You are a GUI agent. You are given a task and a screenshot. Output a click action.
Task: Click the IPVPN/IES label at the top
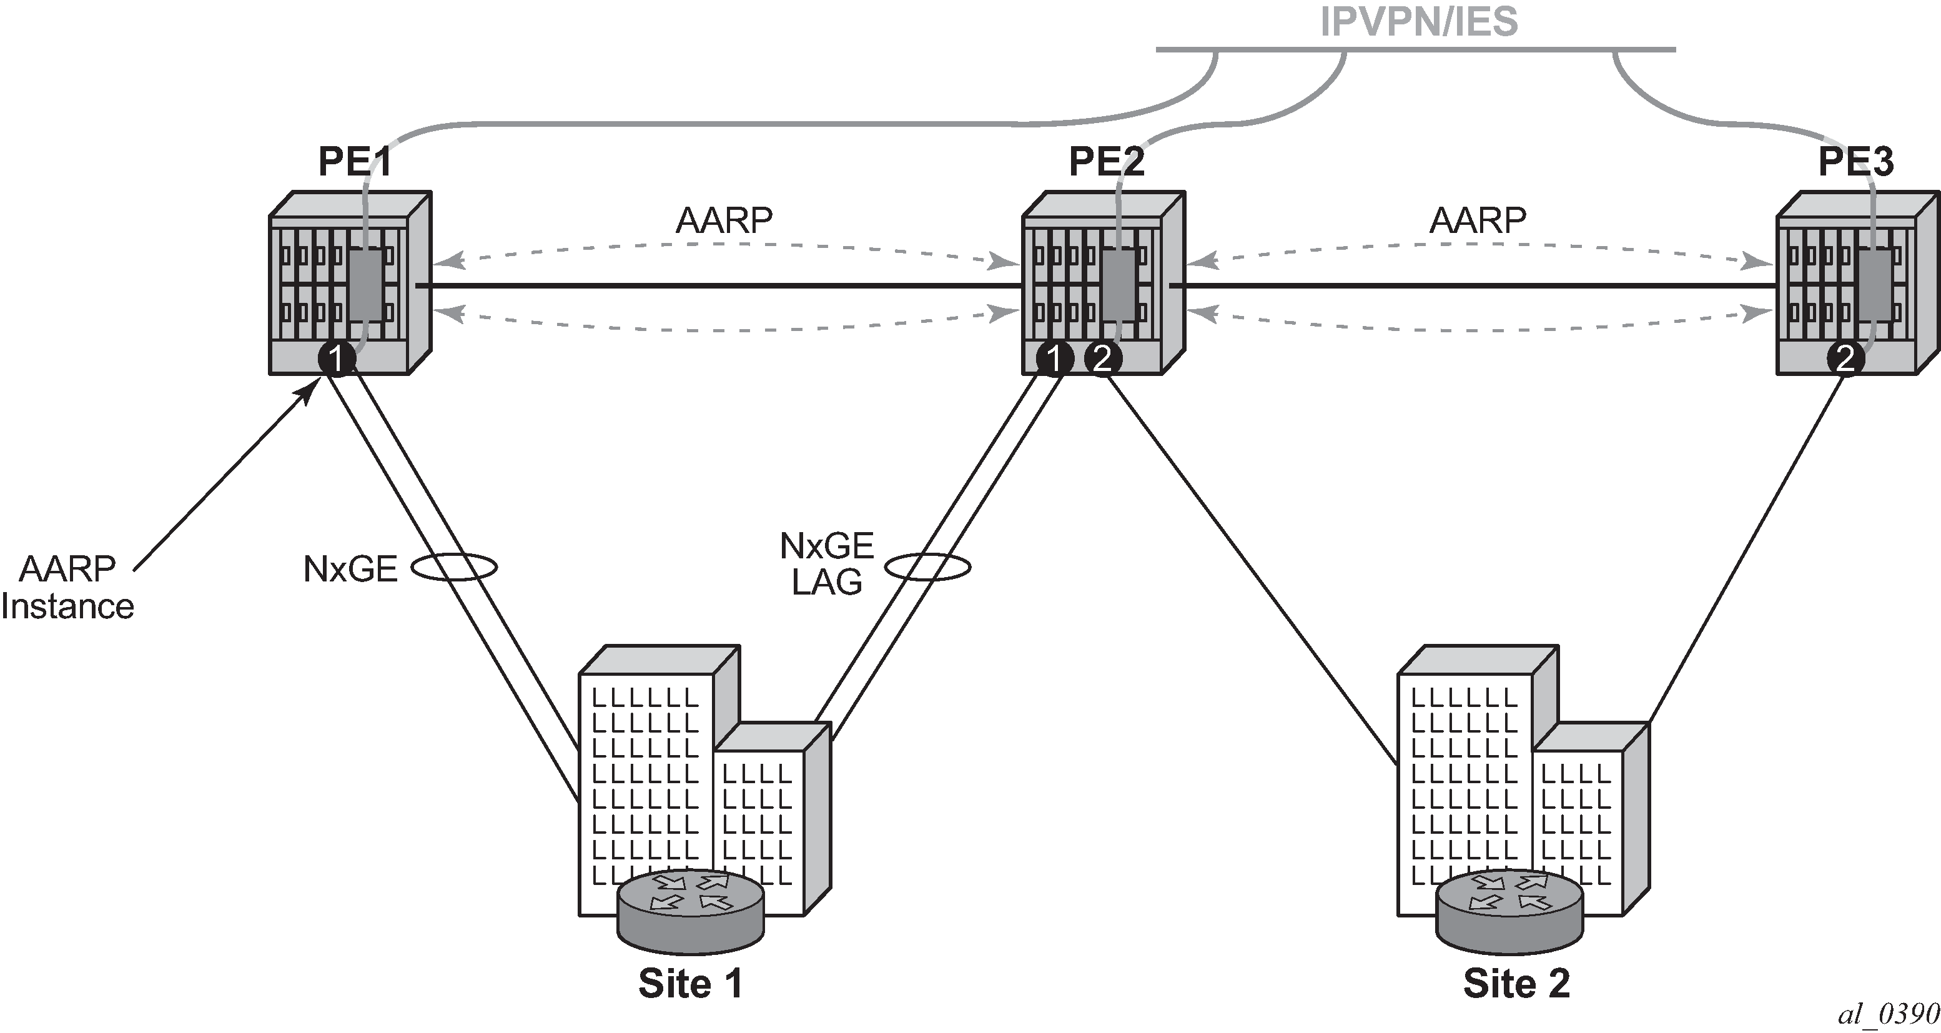tap(1419, 21)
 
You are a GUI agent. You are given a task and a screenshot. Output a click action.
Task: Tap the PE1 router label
tap(354, 161)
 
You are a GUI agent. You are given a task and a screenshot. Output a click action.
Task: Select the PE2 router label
tap(1106, 161)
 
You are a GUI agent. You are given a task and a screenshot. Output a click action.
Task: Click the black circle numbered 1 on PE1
tap(336, 358)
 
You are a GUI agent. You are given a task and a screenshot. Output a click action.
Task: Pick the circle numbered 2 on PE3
tap(1845, 358)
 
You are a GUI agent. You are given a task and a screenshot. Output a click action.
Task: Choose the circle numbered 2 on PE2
tap(1102, 358)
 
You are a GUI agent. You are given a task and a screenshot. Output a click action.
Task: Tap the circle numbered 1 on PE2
tap(1055, 358)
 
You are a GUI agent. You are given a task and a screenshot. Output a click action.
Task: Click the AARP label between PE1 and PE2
tap(723, 220)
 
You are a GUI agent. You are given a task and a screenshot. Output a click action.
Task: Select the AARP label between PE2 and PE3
tap(1478, 220)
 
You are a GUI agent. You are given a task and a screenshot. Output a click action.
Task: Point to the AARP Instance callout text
tap(68, 588)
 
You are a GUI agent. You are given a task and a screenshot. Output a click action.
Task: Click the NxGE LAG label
tap(827, 563)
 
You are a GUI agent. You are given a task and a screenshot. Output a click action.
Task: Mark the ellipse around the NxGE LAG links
tap(927, 566)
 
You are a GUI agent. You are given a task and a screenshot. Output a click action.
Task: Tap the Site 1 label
tap(690, 983)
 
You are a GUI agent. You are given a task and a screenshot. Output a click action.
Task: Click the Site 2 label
tap(1516, 983)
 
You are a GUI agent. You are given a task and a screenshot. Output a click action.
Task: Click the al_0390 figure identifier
tap(1887, 1014)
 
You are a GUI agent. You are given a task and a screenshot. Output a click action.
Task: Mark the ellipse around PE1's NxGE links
tap(453, 566)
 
